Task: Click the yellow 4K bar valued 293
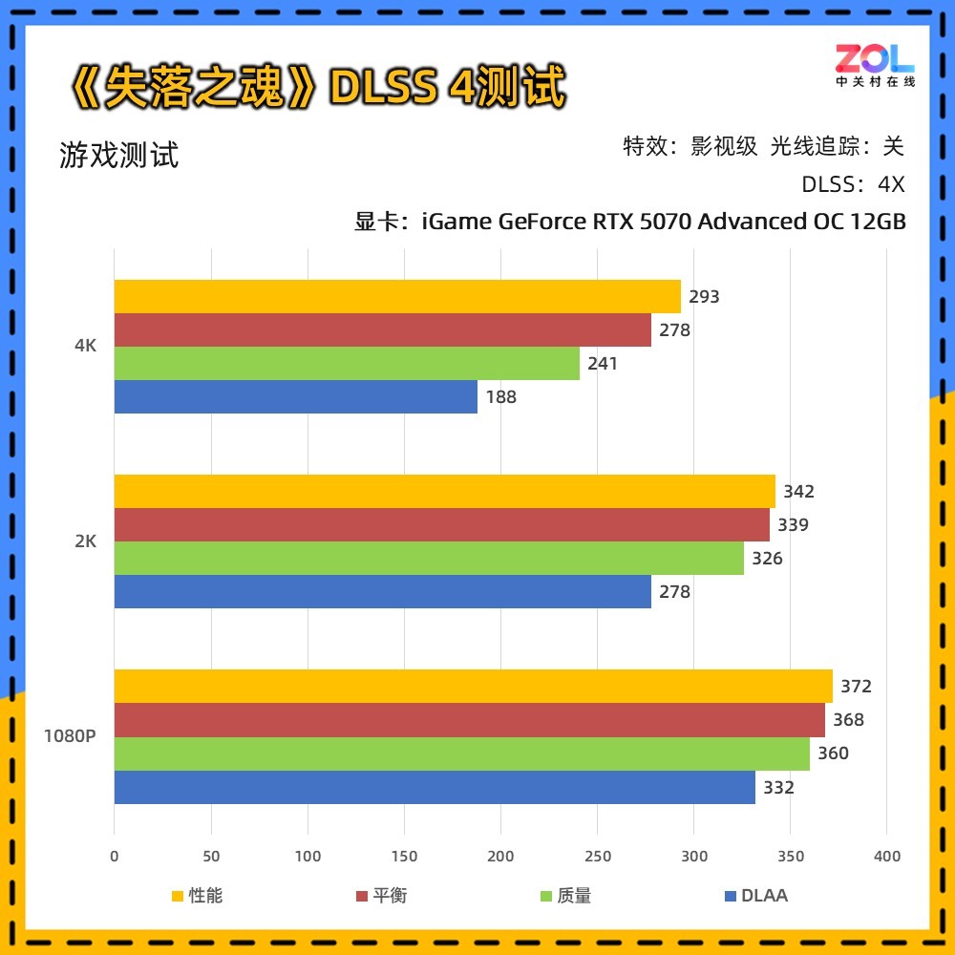[397, 297]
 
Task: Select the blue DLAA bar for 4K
[296, 397]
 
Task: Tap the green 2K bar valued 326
[429, 559]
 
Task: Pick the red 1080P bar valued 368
[469, 720]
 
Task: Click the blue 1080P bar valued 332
[435, 788]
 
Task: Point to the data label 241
[603, 364]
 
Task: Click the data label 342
[798, 492]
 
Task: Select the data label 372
[856, 687]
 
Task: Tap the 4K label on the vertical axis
[86, 347]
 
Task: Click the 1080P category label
[69, 736]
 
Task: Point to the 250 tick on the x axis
[597, 857]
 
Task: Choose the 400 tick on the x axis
[886, 857]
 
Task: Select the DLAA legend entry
[756, 896]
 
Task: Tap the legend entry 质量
[565, 896]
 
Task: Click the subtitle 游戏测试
[119, 155]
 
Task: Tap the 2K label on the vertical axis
[86, 541]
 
